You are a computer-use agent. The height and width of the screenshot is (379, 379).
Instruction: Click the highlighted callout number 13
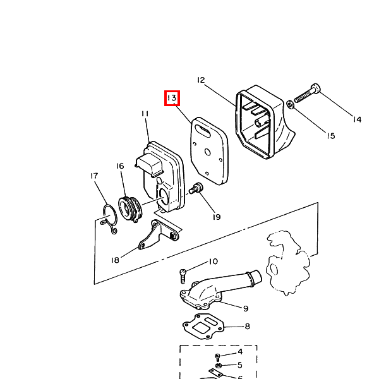pos(172,98)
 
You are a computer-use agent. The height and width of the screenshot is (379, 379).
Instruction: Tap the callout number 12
pos(201,80)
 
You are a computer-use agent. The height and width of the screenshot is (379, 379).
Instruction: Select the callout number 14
pos(357,119)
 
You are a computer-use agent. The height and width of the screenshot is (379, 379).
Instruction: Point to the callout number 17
pos(94,176)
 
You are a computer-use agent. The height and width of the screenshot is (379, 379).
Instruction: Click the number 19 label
pos(217,217)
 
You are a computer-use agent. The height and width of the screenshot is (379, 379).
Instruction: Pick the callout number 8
pos(247,327)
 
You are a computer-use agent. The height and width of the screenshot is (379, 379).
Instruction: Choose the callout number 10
pos(214,262)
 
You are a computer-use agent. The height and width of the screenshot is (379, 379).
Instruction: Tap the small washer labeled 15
pos(290,105)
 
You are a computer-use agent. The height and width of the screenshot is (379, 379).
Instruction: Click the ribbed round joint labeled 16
pos(130,208)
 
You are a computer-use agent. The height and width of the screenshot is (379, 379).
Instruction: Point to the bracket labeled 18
pos(159,235)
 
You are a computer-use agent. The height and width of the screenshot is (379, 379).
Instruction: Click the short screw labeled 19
pos(196,188)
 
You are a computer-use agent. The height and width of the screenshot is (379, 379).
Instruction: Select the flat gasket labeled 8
pos(203,327)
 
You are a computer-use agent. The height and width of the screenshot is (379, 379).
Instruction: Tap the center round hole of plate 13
pos(207,152)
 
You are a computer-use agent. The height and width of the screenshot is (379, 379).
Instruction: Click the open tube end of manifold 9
pos(256,277)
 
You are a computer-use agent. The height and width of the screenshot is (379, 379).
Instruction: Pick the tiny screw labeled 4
pos(217,358)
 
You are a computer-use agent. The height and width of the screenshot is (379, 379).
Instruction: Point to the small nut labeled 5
pos(219,365)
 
